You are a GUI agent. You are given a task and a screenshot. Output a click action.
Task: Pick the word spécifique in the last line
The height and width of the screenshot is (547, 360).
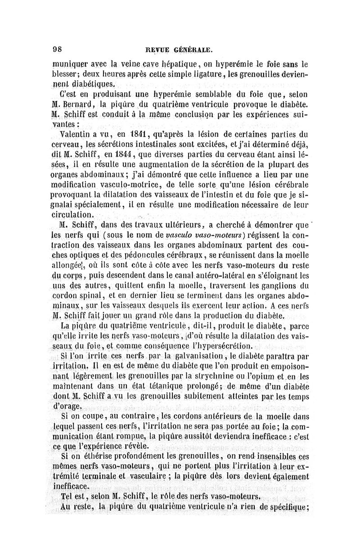(x=284, y=508)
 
